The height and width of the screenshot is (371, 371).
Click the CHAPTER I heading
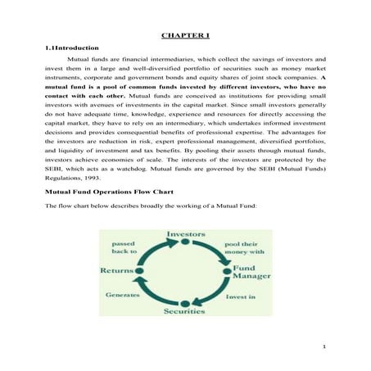point(186,36)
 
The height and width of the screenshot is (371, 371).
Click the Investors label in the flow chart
point(186,234)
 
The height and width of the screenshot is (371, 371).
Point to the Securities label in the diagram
point(185,312)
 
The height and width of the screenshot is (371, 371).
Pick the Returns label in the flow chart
point(116,270)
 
